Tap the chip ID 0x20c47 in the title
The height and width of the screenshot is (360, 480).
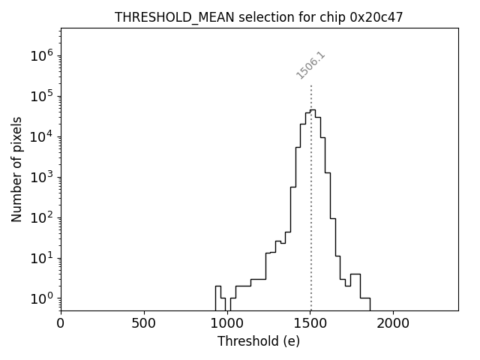[x=376, y=17]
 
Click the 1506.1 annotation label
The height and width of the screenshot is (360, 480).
[x=310, y=65]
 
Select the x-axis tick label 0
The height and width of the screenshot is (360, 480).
[x=61, y=324]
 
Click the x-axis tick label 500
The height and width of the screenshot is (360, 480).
[x=144, y=324]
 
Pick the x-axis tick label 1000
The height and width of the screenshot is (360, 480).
[x=226, y=324]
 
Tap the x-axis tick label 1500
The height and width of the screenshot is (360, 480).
[x=310, y=324]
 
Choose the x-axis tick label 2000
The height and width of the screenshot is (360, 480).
[x=393, y=324]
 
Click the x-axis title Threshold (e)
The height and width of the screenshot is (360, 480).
[x=259, y=341]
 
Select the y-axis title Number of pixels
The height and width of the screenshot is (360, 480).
[x=16, y=169]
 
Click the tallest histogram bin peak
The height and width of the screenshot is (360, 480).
[x=313, y=110]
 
